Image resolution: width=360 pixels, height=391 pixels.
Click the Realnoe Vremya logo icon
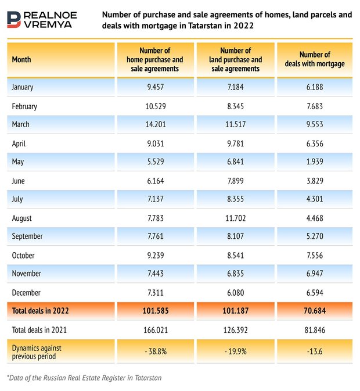pyautogui.click(x=16, y=19)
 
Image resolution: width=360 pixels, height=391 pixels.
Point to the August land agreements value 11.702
pyautogui.click(x=235, y=218)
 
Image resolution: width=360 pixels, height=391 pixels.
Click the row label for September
pyautogui.click(x=28, y=237)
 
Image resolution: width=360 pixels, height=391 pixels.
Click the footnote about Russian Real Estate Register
pyautogui.click(x=84, y=378)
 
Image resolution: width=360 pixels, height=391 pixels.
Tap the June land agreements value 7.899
pyautogui.click(x=235, y=181)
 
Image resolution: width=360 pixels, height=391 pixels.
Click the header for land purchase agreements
pyautogui.click(x=235, y=59)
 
